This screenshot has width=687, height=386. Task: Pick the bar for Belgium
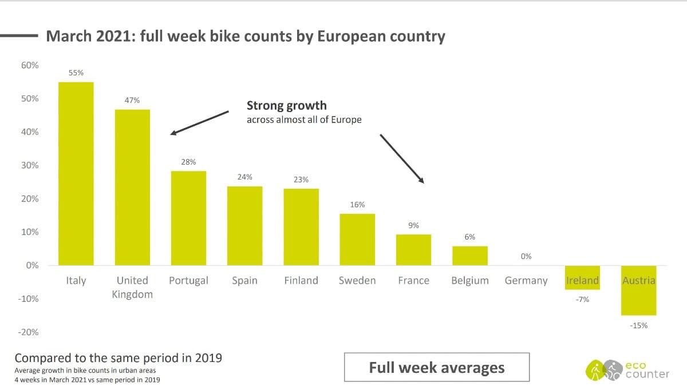(x=469, y=256)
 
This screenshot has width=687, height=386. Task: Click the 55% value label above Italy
(x=76, y=73)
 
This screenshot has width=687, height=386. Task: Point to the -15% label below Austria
(x=638, y=325)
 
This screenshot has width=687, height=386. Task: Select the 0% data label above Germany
(x=526, y=256)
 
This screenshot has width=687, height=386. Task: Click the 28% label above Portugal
(x=188, y=162)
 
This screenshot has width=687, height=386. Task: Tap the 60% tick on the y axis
(x=30, y=65)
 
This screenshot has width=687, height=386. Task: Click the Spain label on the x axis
(x=244, y=281)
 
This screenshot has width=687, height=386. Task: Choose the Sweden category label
(x=357, y=281)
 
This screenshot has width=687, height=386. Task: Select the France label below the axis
(x=413, y=281)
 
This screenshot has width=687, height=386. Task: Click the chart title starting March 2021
(x=245, y=37)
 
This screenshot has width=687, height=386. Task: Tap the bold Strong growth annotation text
(x=286, y=105)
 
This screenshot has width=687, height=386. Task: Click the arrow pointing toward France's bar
(x=402, y=159)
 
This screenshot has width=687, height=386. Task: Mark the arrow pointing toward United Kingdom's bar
(x=200, y=123)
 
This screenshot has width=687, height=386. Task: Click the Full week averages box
(x=436, y=367)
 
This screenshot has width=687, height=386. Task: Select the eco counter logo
(x=627, y=369)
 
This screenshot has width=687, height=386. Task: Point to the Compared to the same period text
(x=118, y=358)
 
